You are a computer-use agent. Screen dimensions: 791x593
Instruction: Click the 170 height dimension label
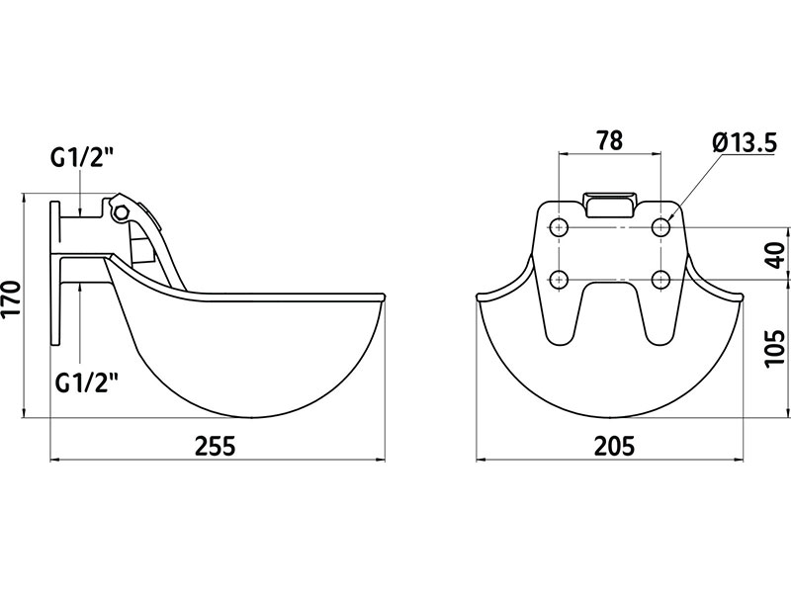pyautogui.click(x=11, y=298)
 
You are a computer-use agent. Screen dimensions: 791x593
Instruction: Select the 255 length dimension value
pyautogui.click(x=216, y=446)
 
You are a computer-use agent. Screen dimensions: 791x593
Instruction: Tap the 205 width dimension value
pyautogui.click(x=614, y=446)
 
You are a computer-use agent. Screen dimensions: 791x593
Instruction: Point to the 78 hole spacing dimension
pyautogui.click(x=609, y=140)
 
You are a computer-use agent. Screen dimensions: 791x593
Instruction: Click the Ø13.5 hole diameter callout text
pyautogui.click(x=745, y=143)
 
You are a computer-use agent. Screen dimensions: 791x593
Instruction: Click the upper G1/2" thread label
pyautogui.click(x=81, y=159)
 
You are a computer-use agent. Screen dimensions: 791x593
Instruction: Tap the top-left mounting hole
pyautogui.click(x=559, y=228)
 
